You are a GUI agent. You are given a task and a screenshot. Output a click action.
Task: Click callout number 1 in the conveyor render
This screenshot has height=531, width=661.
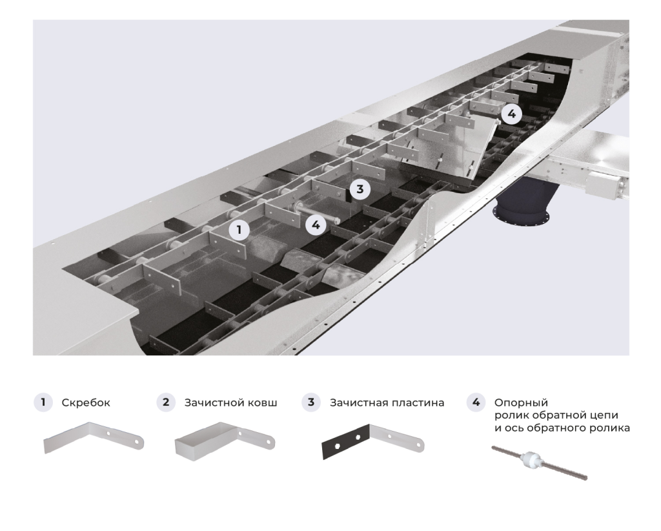239,229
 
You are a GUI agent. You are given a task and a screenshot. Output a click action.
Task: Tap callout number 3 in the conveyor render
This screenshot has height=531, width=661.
360,189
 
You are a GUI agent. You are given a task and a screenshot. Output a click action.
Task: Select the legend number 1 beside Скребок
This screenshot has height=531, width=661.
43,402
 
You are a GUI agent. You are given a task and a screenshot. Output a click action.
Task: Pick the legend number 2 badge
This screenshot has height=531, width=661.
166,402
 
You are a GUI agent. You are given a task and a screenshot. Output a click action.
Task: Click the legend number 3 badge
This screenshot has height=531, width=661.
311,402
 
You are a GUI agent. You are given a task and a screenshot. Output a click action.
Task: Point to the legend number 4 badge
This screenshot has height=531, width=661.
476,402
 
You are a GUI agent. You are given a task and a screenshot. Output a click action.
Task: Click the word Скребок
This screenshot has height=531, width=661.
86,403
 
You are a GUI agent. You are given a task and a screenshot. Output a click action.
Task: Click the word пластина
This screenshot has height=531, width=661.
417,403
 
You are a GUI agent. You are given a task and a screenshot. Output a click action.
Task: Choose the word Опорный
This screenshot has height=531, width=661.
518,402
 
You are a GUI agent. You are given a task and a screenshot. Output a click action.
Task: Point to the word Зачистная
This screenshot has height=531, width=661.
357,403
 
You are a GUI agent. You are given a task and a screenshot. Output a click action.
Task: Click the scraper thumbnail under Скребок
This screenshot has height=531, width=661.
94,439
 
